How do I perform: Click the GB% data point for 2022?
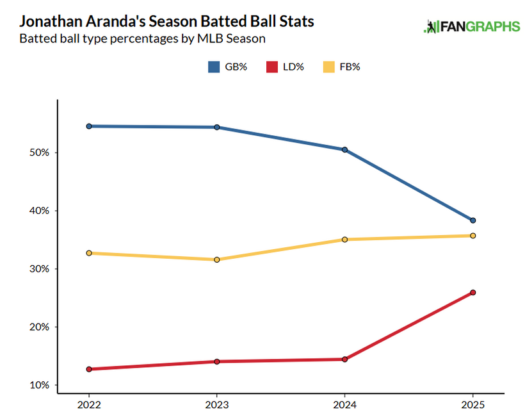(89, 126)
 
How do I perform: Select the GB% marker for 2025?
(473, 220)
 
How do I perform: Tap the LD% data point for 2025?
(473, 293)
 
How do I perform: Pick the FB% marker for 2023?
(217, 259)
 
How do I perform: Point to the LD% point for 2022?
(89, 369)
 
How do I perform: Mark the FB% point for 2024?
(345, 240)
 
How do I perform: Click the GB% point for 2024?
(345, 150)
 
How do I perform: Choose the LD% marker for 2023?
(217, 361)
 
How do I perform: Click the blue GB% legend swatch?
(215, 67)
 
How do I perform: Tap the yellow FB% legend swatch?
(328, 67)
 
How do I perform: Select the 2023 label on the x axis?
(217, 405)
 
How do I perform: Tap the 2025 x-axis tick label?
(473, 405)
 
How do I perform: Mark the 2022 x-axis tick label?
(89, 405)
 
